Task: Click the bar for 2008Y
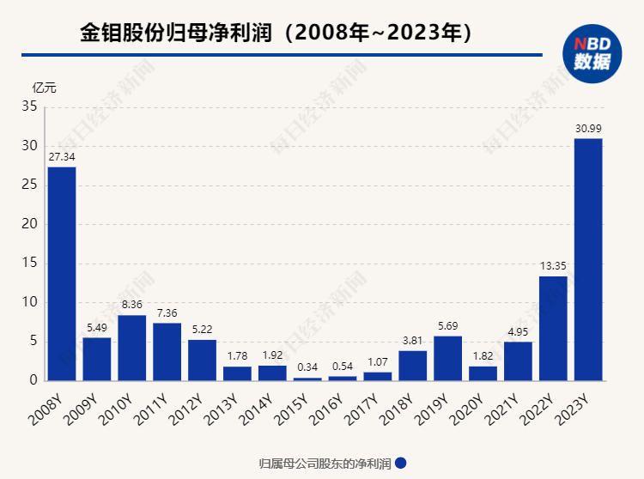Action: (x=62, y=273)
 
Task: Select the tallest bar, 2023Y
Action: (x=588, y=259)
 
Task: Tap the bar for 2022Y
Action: (x=553, y=328)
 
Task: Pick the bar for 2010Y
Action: (x=131, y=348)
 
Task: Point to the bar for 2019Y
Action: (x=448, y=358)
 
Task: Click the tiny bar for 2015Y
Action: (x=307, y=379)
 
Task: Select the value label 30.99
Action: (x=588, y=129)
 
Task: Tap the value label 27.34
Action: (x=62, y=158)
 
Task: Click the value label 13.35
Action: (x=553, y=267)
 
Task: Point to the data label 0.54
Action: (x=343, y=367)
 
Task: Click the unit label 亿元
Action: (x=45, y=88)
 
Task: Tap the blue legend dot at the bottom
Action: (x=400, y=463)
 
